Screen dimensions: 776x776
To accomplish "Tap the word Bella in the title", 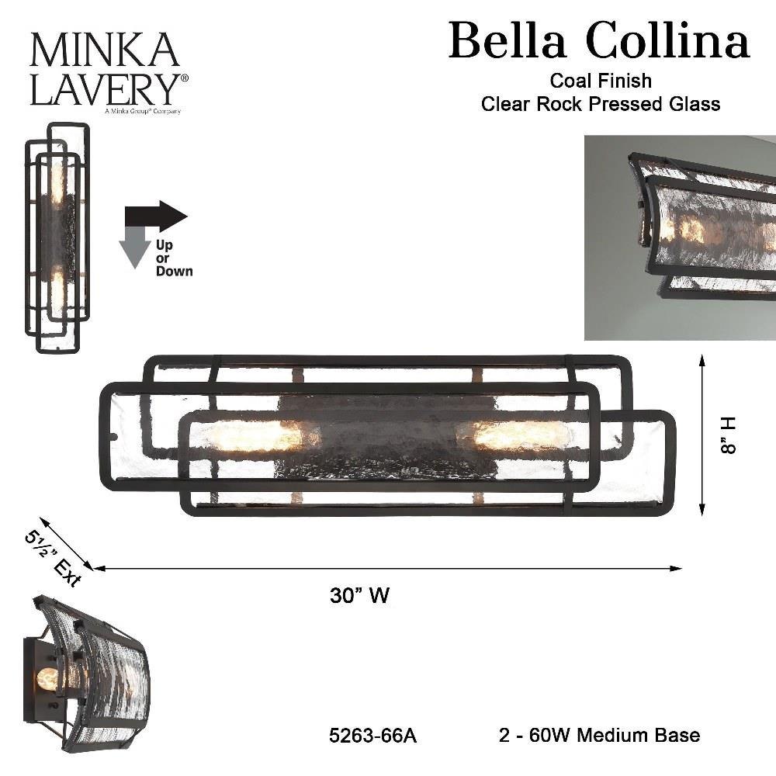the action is [x=508, y=40].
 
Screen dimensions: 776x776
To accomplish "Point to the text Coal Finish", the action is [x=601, y=80].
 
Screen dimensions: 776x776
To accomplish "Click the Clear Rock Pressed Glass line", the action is [x=601, y=104].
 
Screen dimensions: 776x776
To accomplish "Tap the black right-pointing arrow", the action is [x=156, y=216].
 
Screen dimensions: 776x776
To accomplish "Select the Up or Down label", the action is [x=174, y=258].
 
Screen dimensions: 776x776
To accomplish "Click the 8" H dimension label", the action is [x=728, y=435].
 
